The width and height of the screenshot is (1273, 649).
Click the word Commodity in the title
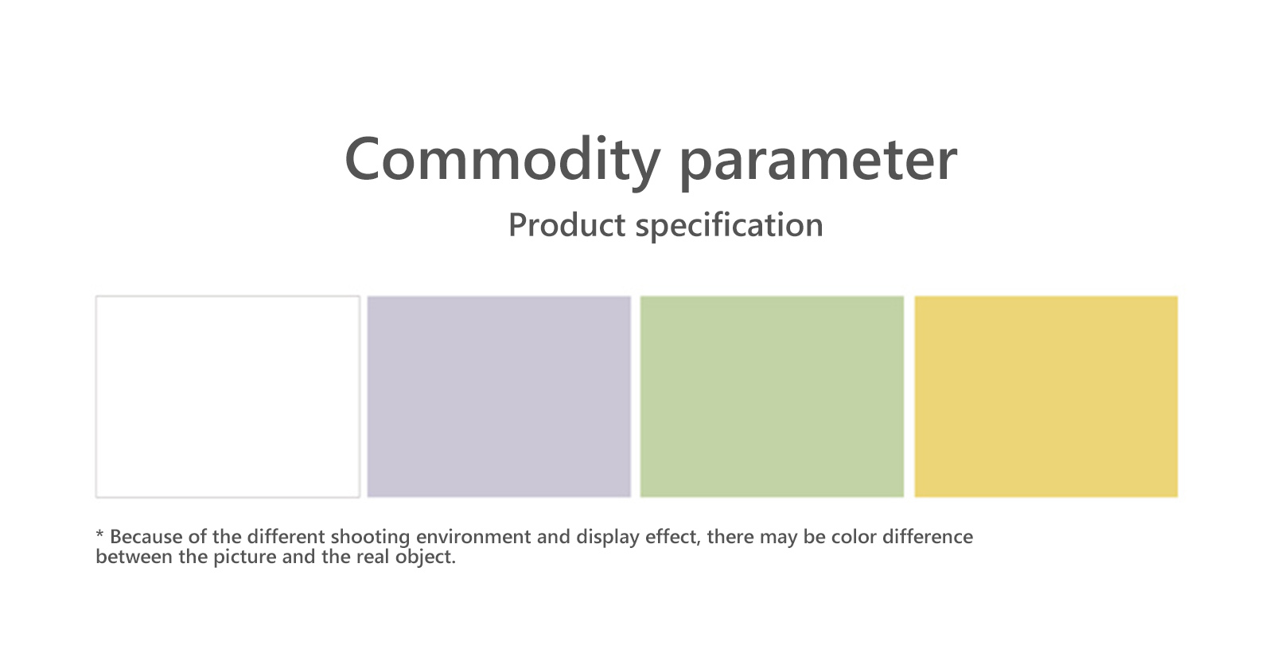(x=502, y=161)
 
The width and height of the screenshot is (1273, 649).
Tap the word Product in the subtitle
(x=566, y=224)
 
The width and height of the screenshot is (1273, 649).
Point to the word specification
(x=729, y=226)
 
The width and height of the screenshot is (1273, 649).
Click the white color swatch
(x=228, y=397)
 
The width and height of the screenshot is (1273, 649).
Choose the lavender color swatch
(x=499, y=397)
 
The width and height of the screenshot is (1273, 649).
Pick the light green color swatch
(x=772, y=397)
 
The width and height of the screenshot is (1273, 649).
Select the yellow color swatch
(x=1045, y=397)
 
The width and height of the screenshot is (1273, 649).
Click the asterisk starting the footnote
(x=100, y=534)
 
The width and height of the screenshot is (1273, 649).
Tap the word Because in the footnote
(x=146, y=537)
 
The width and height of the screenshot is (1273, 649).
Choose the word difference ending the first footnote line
(x=928, y=537)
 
